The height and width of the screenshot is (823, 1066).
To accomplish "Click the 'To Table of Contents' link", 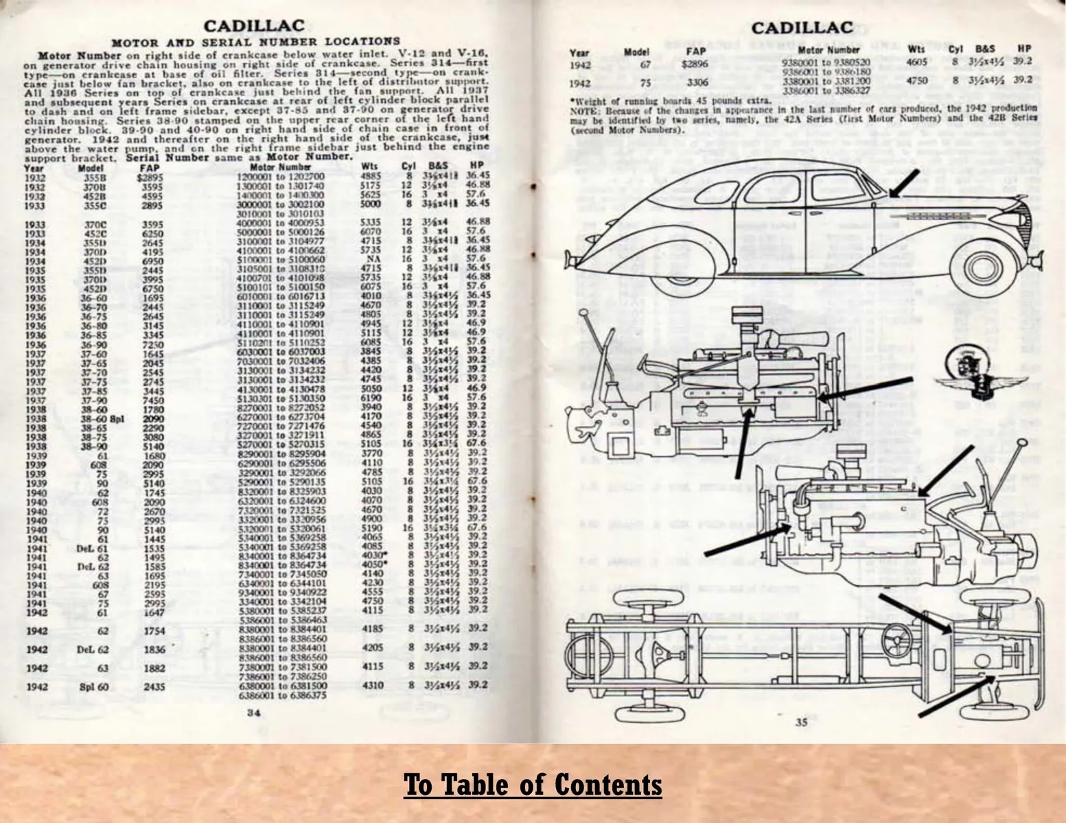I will (533, 784).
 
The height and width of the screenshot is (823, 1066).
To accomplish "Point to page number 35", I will (801, 721).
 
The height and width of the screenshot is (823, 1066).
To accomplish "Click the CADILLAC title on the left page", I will (254, 26).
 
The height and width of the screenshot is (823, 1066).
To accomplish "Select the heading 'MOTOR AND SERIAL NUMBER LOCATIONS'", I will (255, 42).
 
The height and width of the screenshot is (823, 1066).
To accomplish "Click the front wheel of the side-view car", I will (980, 268).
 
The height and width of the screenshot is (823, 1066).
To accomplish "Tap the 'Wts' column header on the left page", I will (369, 167).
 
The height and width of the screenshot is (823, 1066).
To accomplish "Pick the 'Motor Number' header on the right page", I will (829, 50).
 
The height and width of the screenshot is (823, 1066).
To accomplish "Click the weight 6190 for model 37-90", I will (371, 397).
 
